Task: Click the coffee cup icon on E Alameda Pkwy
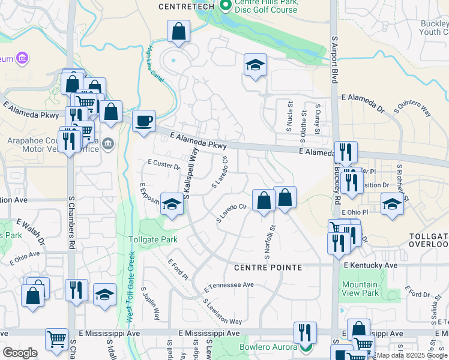(143, 120)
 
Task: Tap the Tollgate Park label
(154, 239)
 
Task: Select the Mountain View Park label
(360, 289)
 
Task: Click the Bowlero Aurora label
(268, 347)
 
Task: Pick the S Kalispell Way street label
(191, 173)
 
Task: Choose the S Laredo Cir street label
(232, 213)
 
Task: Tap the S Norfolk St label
(261, 238)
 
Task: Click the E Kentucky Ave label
(370, 265)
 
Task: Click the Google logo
(20, 353)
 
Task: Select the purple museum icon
(22, 59)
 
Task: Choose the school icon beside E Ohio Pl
(392, 203)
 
